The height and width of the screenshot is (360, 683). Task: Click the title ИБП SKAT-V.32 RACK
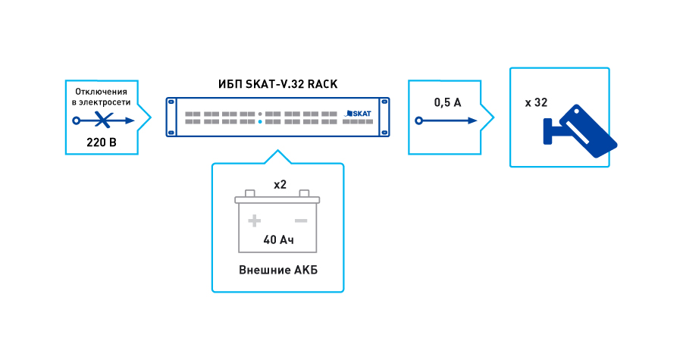pyautogui.click(x=278, y=86)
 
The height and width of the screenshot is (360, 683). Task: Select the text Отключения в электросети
pyautogui.click(x=102, y=96)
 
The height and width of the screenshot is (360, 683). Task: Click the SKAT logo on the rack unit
pyautogui.click(x=359, y=113)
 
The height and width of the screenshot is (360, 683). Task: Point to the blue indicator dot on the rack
pyautogui.click(x=260, y=121)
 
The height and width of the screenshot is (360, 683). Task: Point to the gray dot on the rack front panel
pyautogui.click(x=260, y=114)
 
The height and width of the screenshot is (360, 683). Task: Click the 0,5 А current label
pyautogui.click(x=447, y=102)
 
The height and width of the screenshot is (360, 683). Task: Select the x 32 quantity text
pyautogui.click(x=536, y=102)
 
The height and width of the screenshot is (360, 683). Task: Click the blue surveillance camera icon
pyautogui.click(x=579, y=130)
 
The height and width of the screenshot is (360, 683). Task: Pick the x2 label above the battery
pyautogui.click(x=279, y=184)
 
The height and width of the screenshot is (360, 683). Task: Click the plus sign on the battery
pyautogui.click(x=255, y=221)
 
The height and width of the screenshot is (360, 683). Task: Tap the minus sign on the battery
pyautogui.click(x=301, y=221)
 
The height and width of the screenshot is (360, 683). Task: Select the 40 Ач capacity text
pyautogui.click(x=278, y=240)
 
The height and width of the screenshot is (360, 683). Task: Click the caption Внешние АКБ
pyautogui.click(x=277, y=270)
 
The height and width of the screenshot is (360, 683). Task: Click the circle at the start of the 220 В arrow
pyautogui.click(x=76, y=121)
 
